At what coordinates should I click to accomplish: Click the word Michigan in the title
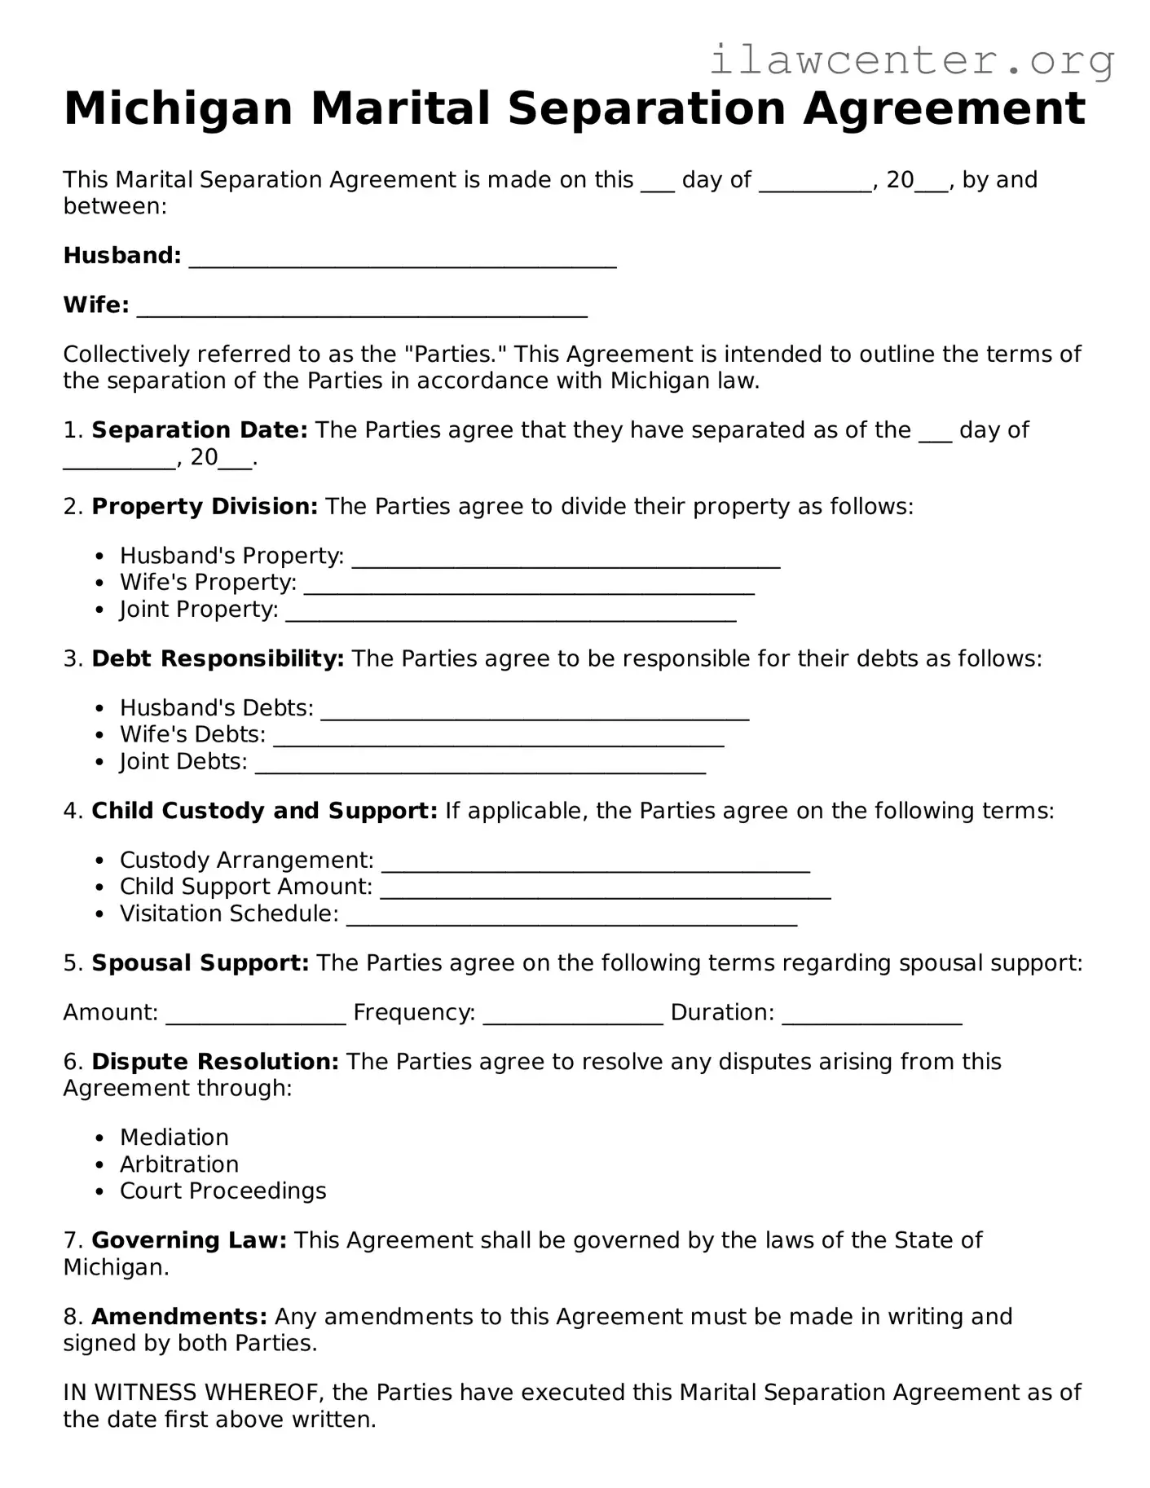click(178, 108)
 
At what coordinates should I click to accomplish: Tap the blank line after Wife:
click(362, 309)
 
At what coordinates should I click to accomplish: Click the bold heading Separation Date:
click(200, 430)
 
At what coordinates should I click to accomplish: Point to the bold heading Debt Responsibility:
click(218, 658)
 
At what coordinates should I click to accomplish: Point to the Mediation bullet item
click(174, 1138)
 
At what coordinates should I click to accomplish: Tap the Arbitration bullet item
click(179, 1164)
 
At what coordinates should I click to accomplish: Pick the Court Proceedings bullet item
click(223, 1191)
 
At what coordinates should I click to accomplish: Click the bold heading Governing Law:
click(189, 1240)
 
